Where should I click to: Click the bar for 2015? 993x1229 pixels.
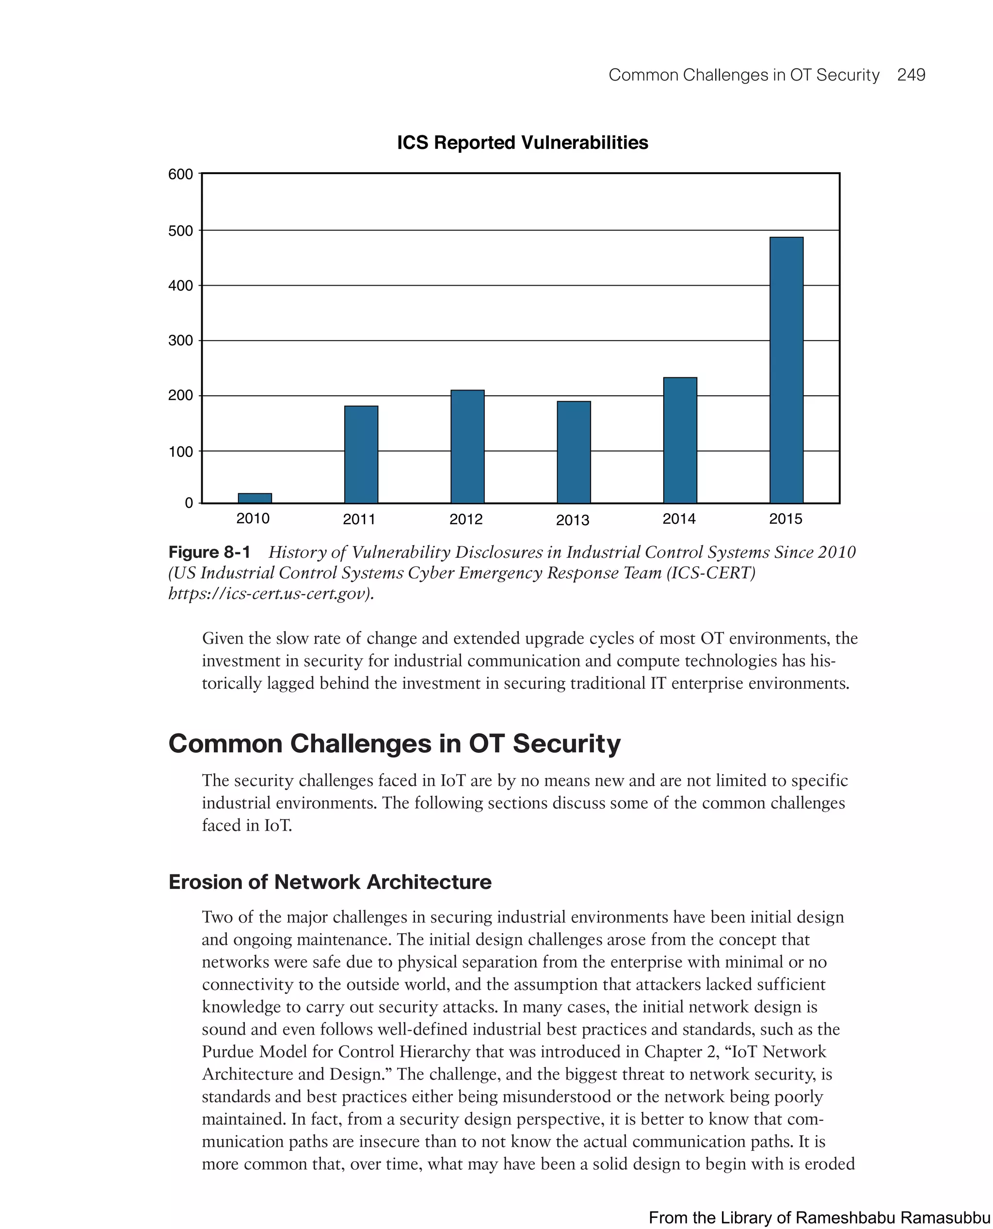point(786,370)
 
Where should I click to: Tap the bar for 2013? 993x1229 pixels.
point(574,452)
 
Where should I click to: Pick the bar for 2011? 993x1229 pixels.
point(361,454)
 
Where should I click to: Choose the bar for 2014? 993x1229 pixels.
point(680,440)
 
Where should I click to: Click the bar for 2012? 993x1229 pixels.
point(467,446)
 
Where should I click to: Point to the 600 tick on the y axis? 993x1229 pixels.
point(180,175)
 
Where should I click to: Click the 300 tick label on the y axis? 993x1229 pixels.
point(180,341)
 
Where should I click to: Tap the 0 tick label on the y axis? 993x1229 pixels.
point(188,503)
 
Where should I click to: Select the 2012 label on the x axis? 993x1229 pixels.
point(465,519)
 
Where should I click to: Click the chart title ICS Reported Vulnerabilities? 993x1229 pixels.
point(522,143)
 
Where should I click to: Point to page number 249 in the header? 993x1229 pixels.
point(911,75)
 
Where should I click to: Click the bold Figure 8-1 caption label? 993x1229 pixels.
point(209,552)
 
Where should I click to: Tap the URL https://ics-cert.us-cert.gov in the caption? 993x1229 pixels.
point(269,594)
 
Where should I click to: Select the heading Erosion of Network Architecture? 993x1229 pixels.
point(330,882)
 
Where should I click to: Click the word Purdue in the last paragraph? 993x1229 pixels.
point(228,1051)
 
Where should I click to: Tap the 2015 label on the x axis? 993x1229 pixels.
point(785,519)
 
